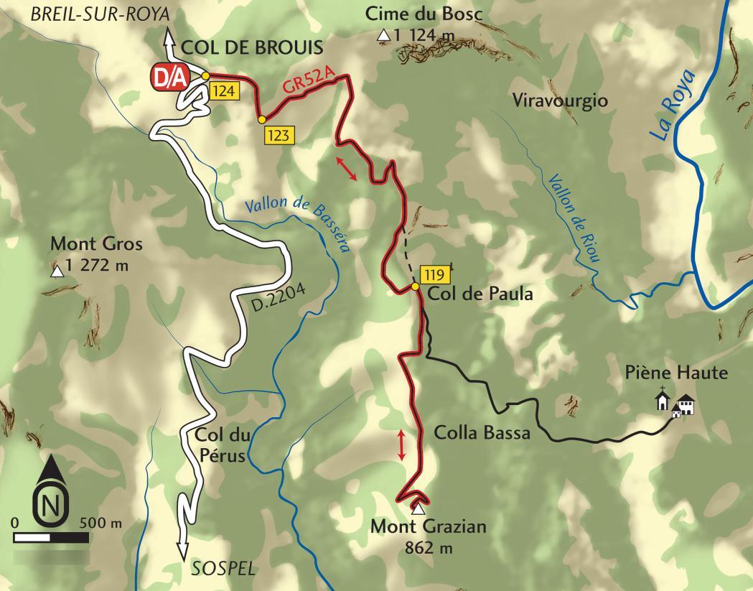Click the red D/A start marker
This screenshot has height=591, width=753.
(x=169, y=78)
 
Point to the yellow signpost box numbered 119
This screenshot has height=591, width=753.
(x=436, y=274)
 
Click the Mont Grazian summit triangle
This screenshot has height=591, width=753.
(x=418, y=509)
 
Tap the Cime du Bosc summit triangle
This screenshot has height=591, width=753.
(x=385, y=35)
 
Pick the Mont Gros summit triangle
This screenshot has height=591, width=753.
(x=56, y=271)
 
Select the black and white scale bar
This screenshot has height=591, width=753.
(x=50, y=536)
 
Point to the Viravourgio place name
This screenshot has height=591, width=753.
(x=561, y=100)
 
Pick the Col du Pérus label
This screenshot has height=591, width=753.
(x=220, y=445)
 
